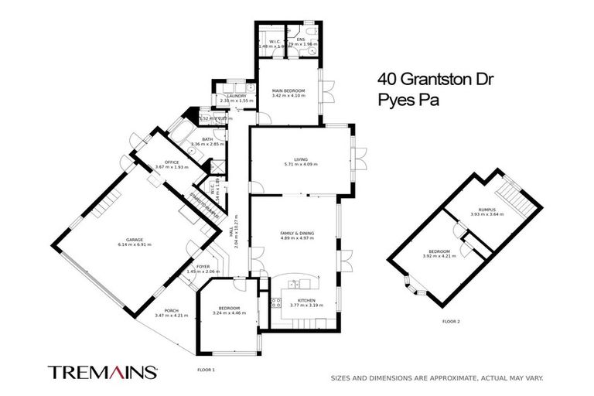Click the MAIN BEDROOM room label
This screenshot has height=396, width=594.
click(x=288, y=90)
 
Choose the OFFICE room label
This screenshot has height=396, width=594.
click(x=160, y=162)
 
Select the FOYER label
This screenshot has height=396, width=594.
click(x=203, y=267)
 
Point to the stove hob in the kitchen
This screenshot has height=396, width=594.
click(x=275, y=303)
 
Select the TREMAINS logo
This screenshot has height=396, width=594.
click(x=103, y=372)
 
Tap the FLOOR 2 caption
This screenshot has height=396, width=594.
click(x=451, y=321)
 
